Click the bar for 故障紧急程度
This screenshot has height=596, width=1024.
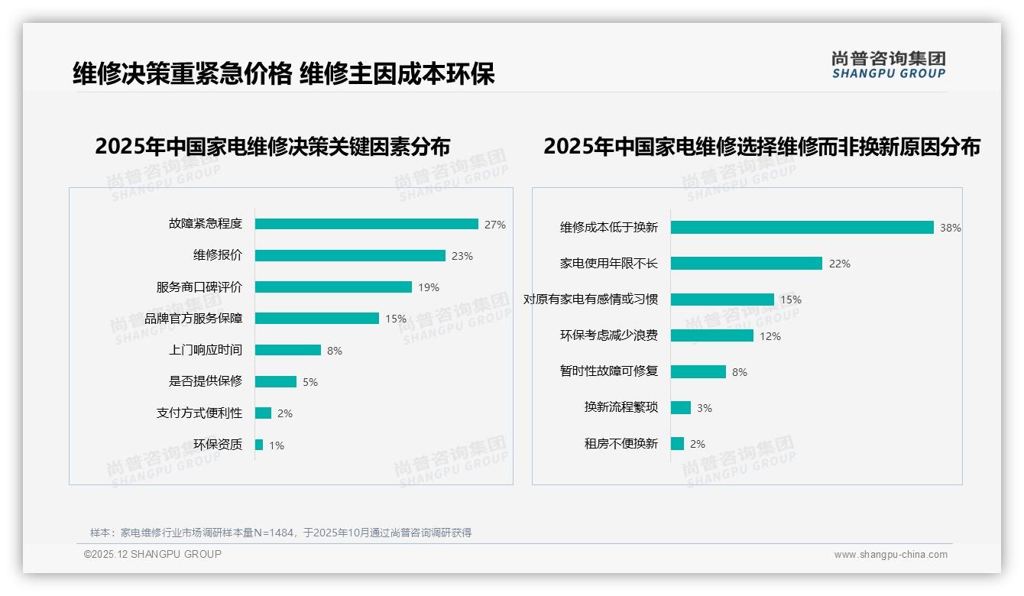click(x=367, y=224)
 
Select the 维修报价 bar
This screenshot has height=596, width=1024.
click(x=350, y=255)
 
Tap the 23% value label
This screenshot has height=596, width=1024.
click(x=462, y=256)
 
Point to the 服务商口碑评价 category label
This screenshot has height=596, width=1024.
click(x=199, y=287)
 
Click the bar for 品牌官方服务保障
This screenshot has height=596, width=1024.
click(x=317, y=318)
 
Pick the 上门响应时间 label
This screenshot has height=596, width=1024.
click(x=205, y=350)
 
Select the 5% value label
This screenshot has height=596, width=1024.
click(x=309, y=382)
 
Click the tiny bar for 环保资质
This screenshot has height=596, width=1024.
click(x=259, y=445)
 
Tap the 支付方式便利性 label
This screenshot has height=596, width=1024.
click(x=199, y=413)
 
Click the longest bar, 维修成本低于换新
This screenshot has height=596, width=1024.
click(x=802, y=227)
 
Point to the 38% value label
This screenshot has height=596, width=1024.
click(x=950, y=228)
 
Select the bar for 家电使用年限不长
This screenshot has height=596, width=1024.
click(x=747, y=263)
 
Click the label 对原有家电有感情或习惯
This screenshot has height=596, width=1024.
click(x=590, y=300)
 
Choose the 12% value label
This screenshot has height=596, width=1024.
click(x=770, y=336)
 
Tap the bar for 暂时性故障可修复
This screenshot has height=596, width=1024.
click(x=698, y=371)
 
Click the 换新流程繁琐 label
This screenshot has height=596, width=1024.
click(x=621, y=407)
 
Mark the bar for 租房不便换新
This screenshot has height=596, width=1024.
click(x=677, y=443)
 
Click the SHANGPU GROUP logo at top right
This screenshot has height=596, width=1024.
click(x=888, y=65)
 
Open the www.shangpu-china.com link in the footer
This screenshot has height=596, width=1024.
click(x=890, y=555)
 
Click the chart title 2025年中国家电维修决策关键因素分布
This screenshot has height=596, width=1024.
click(x=272, y=146)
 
